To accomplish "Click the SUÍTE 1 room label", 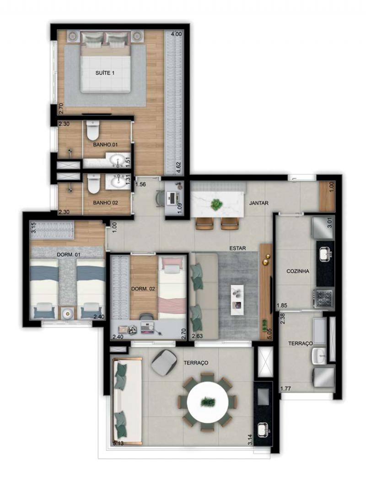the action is click(105, 73).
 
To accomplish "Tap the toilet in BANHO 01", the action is click(92, 130).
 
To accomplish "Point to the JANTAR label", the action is click(258, 203).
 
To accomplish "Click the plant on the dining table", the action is click(217, 204).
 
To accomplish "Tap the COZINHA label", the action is click(298, 271).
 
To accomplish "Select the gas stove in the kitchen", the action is click(323, 298).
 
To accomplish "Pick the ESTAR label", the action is click(238, 248).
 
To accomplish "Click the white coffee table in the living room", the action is click(237, 300).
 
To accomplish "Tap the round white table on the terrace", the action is click(208, 401).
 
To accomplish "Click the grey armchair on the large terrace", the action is click(164, 362).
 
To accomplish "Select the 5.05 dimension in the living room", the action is click(270, 333).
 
